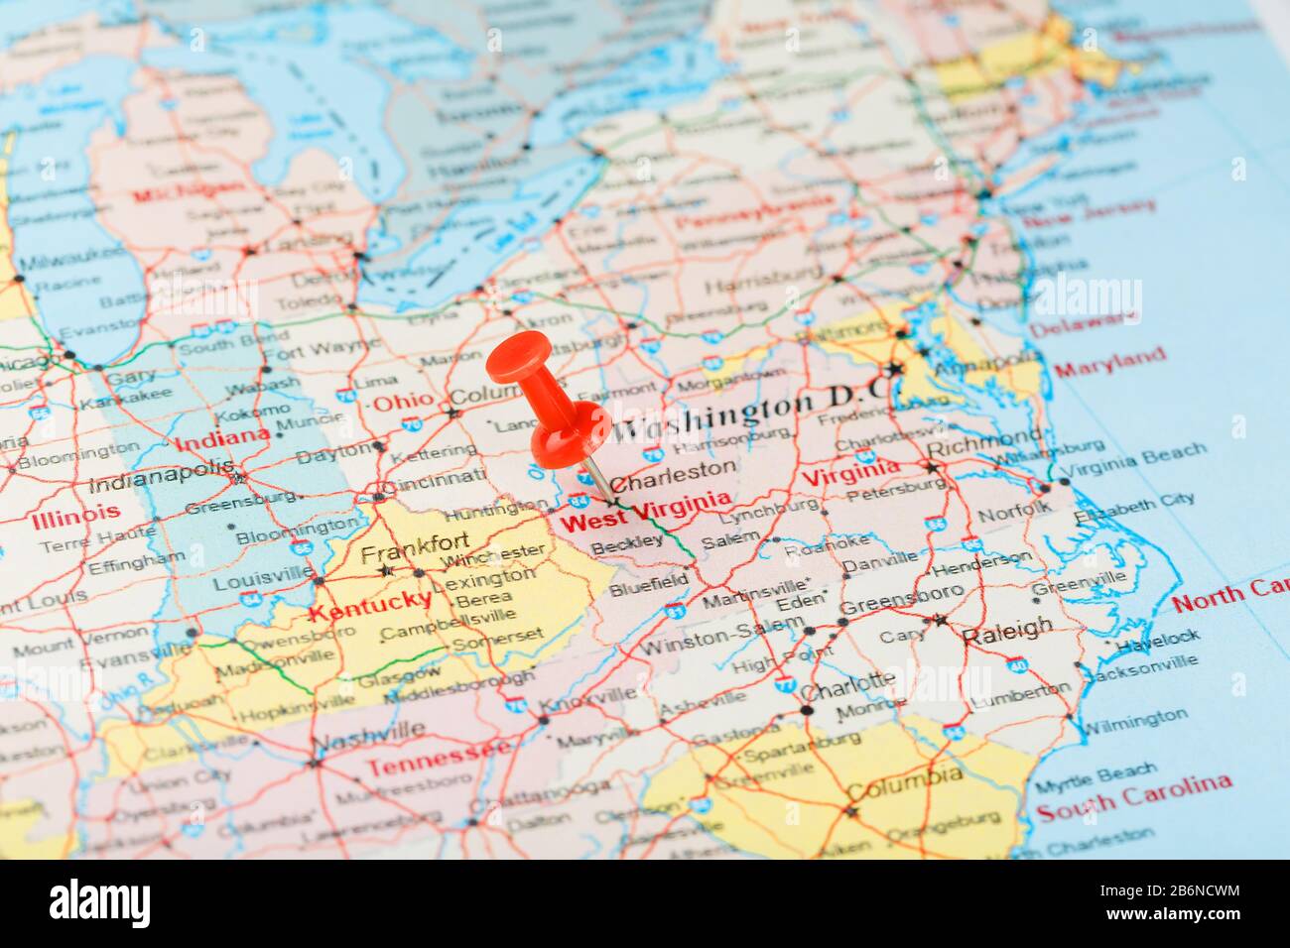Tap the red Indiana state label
(x=221, y=437)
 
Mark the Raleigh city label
(x=1006, y=628)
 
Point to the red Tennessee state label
(x=438, y=762)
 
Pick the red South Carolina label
(x=1133, y=796)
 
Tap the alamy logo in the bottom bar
(x=100, y=903)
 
